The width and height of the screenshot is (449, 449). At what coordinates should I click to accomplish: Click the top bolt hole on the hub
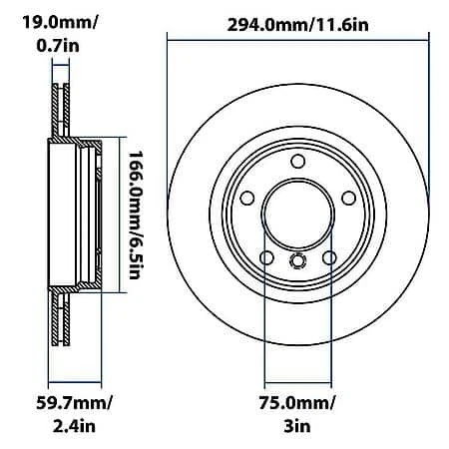[296, 163]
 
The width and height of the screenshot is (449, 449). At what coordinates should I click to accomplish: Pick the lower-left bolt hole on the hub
[266, 257]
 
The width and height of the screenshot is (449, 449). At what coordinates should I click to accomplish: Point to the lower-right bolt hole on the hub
[327, 257]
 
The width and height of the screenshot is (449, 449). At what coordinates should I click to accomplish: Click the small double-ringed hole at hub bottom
[296, 262]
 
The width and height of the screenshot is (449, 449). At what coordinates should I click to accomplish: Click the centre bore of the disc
[296, 215]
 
